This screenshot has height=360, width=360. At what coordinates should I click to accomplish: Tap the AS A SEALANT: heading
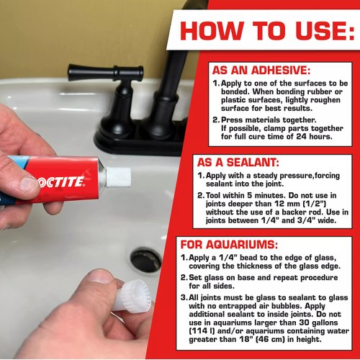click(x=238, y=163)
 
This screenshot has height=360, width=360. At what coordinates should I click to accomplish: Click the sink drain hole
click(x=146, y=260)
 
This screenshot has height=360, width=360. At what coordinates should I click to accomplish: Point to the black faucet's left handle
click(x=94, y=73)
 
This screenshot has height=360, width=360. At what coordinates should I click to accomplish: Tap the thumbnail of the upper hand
click(x=24, y=185)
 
